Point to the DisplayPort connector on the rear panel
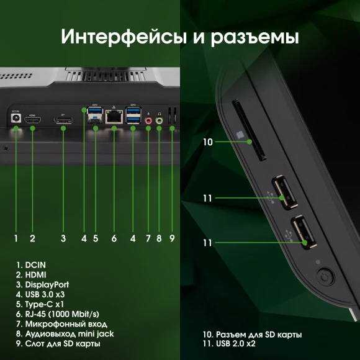tap(63, 119)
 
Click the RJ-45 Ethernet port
tap(114, 116)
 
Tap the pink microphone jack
tap(148, 120)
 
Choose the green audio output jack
tap(160, 120)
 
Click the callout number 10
tap(208, 142)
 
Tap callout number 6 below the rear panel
tap(114, 238)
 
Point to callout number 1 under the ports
tap(16, 238)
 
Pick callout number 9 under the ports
tap(172, 238)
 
